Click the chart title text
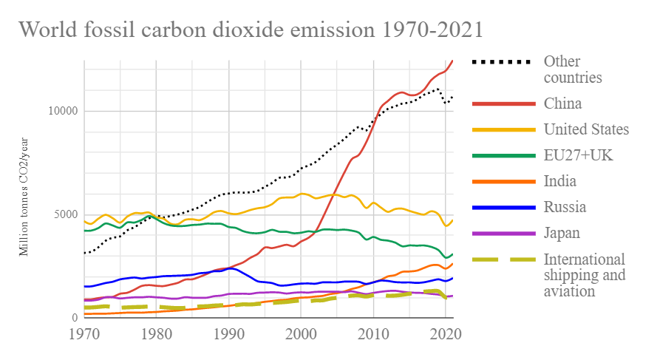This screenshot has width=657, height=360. pos(251,30)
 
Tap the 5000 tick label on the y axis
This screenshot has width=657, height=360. pos(66,215)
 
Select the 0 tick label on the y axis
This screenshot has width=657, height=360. pos(74,318)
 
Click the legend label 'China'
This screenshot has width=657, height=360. pos(562,103)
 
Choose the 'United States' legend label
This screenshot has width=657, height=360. pos(586,129)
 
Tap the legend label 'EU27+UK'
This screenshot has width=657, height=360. pos(578,155)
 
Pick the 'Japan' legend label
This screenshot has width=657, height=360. pos(562,233)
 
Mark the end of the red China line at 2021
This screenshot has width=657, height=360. pos(452,61)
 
